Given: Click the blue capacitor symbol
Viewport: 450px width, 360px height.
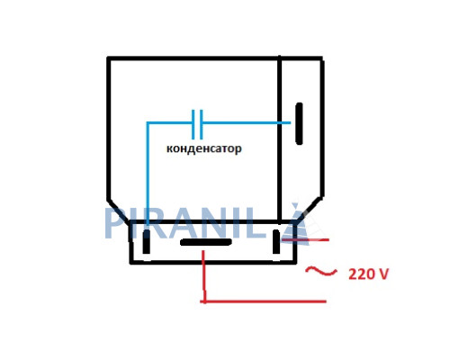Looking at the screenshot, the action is [x=197, y=124].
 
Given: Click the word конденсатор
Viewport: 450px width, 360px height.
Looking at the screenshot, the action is [x=204, y=148].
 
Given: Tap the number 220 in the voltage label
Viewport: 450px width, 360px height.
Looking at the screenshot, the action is [x=361, y=274].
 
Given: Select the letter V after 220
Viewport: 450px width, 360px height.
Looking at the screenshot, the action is [x=383, y=274].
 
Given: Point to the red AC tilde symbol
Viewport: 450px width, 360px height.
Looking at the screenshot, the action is [x=321, y=271].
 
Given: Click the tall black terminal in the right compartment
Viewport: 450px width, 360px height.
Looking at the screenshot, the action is [x=299, y=123].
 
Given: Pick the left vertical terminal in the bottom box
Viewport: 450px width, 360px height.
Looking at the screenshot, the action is [x=146, y=242].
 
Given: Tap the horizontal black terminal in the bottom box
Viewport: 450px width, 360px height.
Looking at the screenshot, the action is [x=206, y=242].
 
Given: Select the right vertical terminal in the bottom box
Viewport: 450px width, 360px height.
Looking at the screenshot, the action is [x=276, y=241].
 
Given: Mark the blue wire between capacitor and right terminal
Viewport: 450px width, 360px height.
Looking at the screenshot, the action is [x=247, y=122].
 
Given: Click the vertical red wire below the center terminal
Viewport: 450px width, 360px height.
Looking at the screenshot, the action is [x=203, y=276].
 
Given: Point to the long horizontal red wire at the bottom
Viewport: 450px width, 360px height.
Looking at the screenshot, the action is [x=264, y=301].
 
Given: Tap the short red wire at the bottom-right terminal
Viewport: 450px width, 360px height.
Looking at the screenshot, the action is [x=305, y=240].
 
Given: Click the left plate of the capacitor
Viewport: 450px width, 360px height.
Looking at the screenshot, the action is [x=193, y=124].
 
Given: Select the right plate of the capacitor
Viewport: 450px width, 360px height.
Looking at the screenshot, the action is [x=201, y=124].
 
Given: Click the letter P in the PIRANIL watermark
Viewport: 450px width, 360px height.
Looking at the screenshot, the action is [x=116, y=223].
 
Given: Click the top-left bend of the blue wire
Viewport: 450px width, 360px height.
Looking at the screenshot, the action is [x=148, y=122].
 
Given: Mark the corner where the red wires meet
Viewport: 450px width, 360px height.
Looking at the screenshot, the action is [x=204, y=301].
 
